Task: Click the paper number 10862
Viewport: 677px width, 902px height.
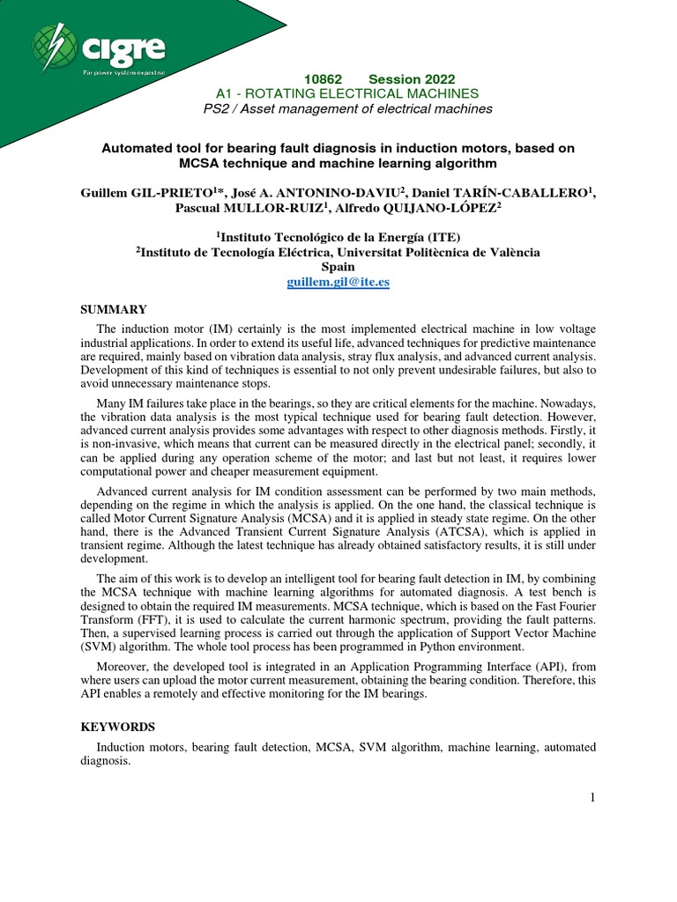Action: click(323, 79)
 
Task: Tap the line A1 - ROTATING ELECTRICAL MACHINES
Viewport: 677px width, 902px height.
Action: click(347, 93)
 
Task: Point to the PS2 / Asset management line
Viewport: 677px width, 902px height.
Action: click(347, 108)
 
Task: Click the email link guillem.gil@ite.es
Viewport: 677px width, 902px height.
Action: click(338, 282)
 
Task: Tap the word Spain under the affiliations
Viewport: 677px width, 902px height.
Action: click(338, 267)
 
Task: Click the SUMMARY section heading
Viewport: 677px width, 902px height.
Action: click(114, 309)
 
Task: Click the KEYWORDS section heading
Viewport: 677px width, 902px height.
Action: click(117, 727)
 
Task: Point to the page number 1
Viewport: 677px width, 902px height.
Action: click(592, 797)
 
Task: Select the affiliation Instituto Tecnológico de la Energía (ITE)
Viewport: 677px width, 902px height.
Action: click(338, 237)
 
